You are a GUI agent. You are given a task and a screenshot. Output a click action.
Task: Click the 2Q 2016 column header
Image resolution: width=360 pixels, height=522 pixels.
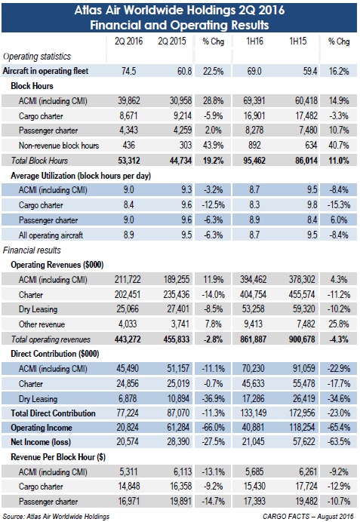pyautogui.click(x=128, y=41)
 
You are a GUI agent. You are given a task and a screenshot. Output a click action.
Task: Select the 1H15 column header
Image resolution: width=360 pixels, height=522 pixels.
pyautogui.click(x=297, y=41)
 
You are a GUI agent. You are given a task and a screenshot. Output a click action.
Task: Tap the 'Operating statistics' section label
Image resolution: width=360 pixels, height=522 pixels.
pyautogui.click(x=37, y=57)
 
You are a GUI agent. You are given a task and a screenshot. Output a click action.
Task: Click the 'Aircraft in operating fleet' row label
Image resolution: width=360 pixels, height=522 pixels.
pyautogui.click(x=45, y=71)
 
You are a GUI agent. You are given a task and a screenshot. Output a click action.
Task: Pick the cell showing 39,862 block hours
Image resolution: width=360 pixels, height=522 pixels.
pyautogui.click(x=129, y=100)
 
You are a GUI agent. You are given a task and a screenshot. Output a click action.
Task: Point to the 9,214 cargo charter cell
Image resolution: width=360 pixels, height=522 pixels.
pyautogui.click(x=180, y=115)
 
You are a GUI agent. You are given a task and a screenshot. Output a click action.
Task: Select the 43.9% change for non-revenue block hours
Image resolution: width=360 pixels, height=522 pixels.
pyautogui.click(x=213, y=145)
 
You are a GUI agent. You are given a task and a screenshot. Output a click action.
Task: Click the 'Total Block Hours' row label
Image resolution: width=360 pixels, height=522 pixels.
pyautogui.click(x=39, y=161)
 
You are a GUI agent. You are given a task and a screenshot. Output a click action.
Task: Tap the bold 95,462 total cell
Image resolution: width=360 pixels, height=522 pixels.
pyautogui.click(x=254, y=161)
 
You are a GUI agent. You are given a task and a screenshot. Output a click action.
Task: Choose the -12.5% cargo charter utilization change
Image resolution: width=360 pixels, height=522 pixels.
pyautogui.click(x=213, y=204)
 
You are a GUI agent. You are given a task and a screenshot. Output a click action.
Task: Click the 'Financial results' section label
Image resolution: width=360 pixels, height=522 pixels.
pyautogui.click(x=32, y=250)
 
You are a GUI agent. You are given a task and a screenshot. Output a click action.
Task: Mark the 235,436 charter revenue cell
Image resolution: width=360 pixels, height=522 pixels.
pyautogui.click(x=176, y=294)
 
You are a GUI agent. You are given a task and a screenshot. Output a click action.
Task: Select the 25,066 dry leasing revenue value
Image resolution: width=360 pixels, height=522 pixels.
pyautogui.click(x=128, y=309)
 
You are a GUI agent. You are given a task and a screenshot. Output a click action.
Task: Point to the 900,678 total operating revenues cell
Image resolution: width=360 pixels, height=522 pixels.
pyautogui.click(x=302, y=339)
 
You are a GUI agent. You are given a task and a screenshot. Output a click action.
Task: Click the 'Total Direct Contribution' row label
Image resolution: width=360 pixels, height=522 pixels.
pyautogui.click(x=54, y=413)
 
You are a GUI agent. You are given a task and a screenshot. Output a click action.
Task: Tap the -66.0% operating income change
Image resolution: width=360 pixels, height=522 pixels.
pyautogui.click(x=213, y=428)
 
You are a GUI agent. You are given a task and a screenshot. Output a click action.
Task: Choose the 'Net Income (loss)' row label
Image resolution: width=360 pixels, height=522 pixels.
pyautogui.click(x=41, y=442)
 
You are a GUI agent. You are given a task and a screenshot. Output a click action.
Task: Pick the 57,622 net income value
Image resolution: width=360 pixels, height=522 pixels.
pyautogui.click(x=303, y=442)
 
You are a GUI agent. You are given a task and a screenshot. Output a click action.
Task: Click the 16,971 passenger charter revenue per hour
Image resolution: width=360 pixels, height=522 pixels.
pyautogui.click(x=129, y=501)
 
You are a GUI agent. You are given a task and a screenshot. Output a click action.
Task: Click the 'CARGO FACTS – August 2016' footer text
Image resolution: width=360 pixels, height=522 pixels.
pyautogui.click(x=308, y=516)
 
